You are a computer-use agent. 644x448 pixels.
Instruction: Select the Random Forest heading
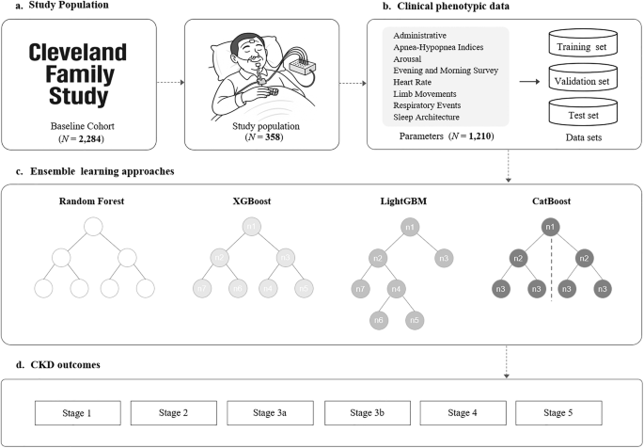(91, 201)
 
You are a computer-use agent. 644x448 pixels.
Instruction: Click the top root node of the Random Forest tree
(91, 227)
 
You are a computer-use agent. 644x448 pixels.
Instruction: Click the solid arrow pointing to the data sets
(527, 81)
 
